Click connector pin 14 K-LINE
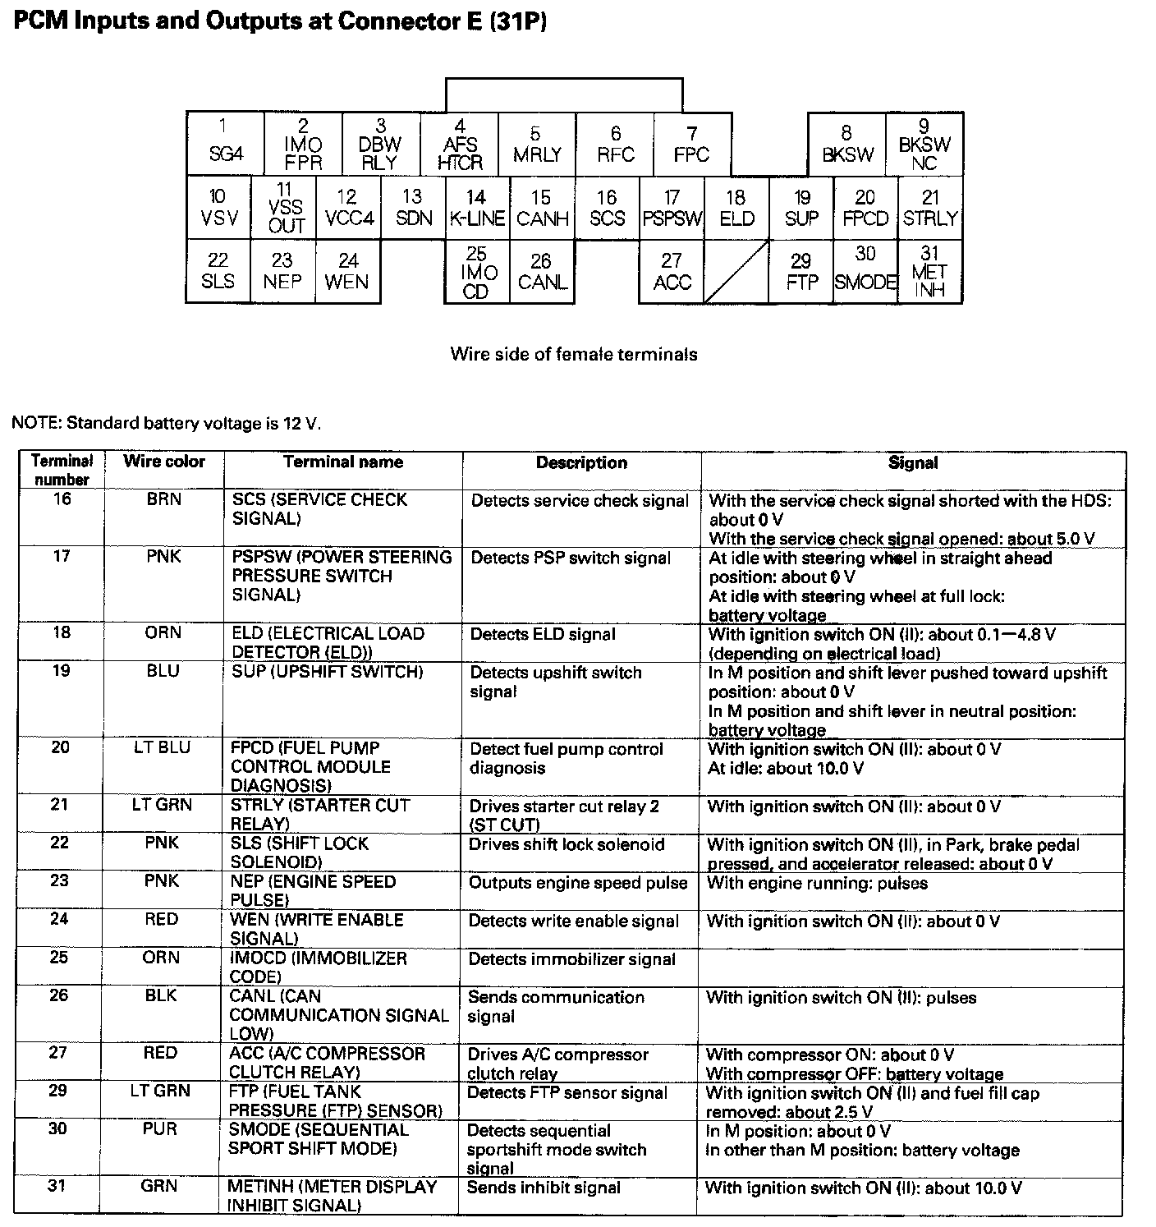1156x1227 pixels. (476, 209)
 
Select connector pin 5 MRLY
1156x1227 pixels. (537, 145)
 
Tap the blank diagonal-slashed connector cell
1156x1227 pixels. (736, 272)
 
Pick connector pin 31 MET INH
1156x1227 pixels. (929, 272)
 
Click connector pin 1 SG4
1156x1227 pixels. (225, 143)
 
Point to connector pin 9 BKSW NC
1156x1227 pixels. (924, 145)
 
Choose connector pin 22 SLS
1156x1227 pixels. (218, 272)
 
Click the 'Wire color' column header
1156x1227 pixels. (164, 462)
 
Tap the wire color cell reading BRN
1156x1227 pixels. (164, 499)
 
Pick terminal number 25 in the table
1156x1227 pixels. (59, 957)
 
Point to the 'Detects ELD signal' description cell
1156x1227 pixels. (543, 634)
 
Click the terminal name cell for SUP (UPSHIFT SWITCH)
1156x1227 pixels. (327, 672)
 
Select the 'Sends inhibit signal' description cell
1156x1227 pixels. (544, 1188)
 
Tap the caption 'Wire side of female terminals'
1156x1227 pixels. (574, 354)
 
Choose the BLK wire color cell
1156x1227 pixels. (161, 995)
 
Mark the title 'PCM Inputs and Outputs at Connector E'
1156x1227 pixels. (280, 21)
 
